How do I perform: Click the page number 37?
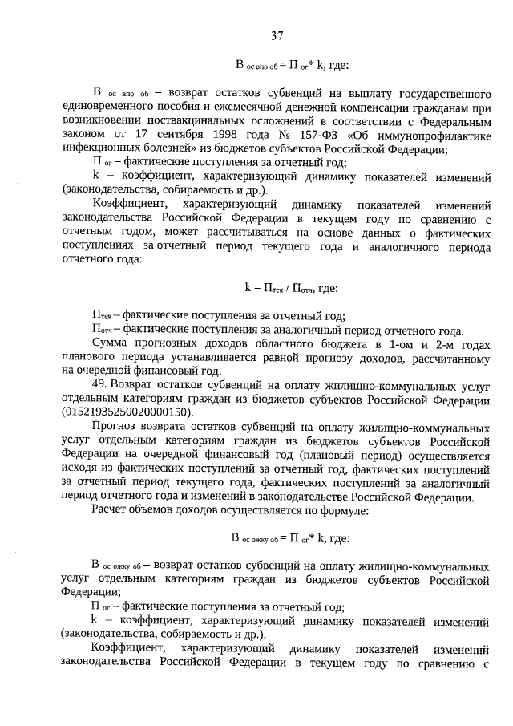277,35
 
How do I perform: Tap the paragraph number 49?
100,386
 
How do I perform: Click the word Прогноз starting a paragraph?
116,425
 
